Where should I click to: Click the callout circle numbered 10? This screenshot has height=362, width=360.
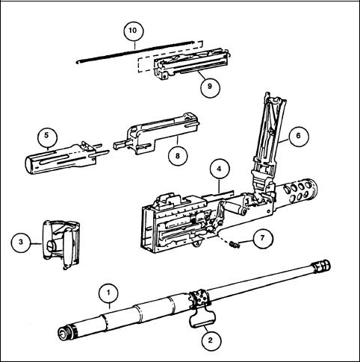click(134, 31)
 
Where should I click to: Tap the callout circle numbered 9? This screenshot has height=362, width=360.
click(211, 87)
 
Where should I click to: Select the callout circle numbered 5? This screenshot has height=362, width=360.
click(47, 137)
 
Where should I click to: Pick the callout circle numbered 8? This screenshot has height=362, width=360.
click(178, 156)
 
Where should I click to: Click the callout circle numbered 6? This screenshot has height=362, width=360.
click(299, 137)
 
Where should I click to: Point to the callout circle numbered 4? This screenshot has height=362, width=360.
click(220, 169)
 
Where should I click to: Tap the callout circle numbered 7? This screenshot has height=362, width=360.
click(263, 238)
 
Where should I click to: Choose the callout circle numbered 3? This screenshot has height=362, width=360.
click(21, 243)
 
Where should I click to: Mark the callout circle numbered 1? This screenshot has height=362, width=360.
click(108, 293)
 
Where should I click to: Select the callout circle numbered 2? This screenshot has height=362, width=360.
click(211, 340)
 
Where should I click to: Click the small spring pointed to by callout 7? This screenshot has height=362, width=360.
click(235, 245)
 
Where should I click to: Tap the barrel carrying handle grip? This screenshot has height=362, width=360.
click(202, 319)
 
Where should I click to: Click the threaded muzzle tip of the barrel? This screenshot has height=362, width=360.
click(323, 266)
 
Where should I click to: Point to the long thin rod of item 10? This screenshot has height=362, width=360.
click(136, 52)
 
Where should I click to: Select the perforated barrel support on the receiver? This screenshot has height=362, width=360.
click(298, 192)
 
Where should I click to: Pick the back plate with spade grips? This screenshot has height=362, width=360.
click(62, 244)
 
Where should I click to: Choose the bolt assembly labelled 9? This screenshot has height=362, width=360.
click(191, 63)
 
